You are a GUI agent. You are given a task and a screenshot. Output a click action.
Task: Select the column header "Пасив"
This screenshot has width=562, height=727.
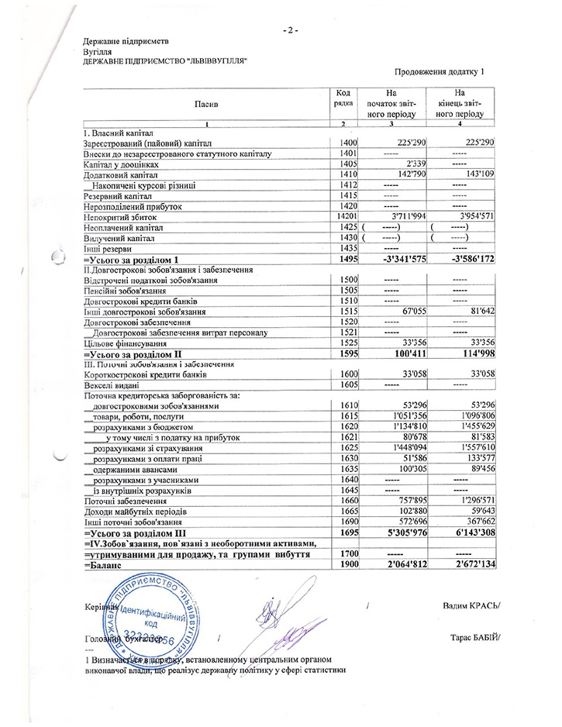pos(206,103)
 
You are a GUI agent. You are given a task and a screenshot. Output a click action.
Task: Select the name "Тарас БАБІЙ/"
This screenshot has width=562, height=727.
pos(474,638)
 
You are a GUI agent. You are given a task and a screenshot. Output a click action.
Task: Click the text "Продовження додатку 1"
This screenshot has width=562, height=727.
pos(439,72)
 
